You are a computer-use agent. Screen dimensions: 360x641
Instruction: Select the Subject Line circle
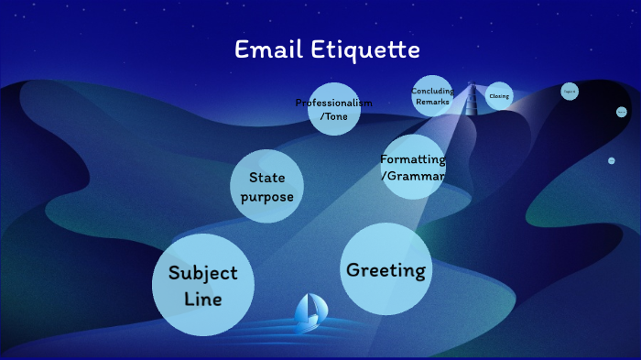coord(202,285)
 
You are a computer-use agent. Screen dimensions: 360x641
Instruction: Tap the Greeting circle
coord(386,269)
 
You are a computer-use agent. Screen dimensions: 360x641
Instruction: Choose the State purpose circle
coord(266,186)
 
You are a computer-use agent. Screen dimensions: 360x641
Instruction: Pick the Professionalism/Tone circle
coord(332,109)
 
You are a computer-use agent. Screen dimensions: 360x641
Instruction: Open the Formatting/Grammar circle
coord(413,167)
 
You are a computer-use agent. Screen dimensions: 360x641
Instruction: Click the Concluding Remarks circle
coord(432,96)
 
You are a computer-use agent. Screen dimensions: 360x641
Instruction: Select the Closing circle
coord(499,96)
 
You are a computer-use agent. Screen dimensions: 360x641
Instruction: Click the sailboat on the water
coord(308,313)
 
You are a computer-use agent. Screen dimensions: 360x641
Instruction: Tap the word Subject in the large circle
coord(202,273)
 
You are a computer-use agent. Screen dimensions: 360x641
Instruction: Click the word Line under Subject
coord(202,299)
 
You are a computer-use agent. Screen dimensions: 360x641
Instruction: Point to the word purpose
coord(266,197)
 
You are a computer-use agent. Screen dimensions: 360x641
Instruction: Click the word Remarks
coord(432,102)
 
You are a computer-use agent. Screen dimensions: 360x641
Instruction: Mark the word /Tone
coord(333,115)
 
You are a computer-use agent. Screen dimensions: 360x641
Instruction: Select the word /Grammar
coord(413,174)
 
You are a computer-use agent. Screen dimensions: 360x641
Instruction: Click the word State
coord(266,178)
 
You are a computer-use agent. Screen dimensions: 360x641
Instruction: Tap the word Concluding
coord(432,92)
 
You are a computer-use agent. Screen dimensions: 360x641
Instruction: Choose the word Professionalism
coord(333,103)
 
